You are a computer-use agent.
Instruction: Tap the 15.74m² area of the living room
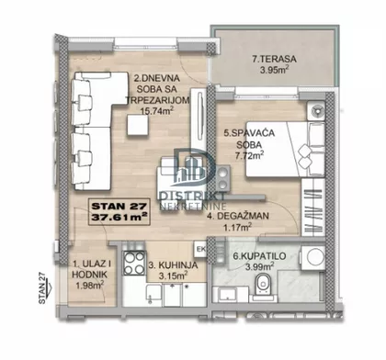[x=157, y=110]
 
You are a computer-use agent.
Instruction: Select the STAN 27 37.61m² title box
[x=119, y=212]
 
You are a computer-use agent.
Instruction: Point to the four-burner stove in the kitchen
[x=134, y=263]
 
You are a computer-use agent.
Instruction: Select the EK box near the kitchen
[x=201, y=249]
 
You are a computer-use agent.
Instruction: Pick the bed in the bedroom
[x=285, y=149]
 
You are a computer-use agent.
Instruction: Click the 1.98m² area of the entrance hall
[x=90, y=286]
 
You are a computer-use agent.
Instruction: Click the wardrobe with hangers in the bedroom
[x=313, y=208]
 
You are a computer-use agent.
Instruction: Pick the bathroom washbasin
[x=228, y=294]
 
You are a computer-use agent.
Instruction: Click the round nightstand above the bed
[x=316, y=110]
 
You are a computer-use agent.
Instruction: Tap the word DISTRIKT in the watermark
[x=193, y=197]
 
